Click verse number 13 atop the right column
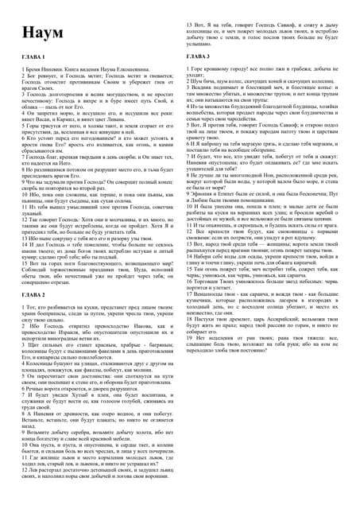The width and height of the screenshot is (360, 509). pyautogui.click(x=192, y=25)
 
